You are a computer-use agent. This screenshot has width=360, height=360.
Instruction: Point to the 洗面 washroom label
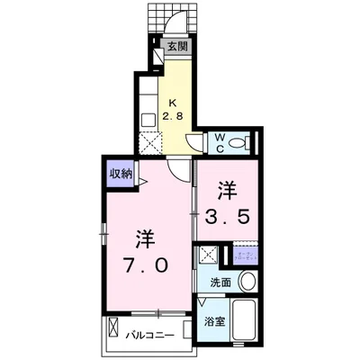click(220, 283)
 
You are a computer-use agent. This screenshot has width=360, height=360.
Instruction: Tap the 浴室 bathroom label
click(213, 320)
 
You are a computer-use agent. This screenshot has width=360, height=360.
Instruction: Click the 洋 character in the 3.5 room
click(227, 190)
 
